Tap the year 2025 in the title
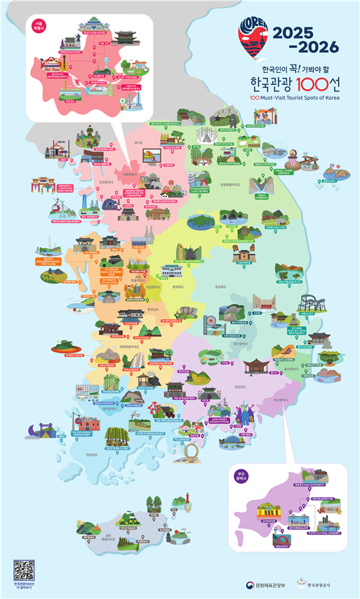point(306,32)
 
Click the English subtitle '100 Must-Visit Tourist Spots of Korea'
point(295,98)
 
